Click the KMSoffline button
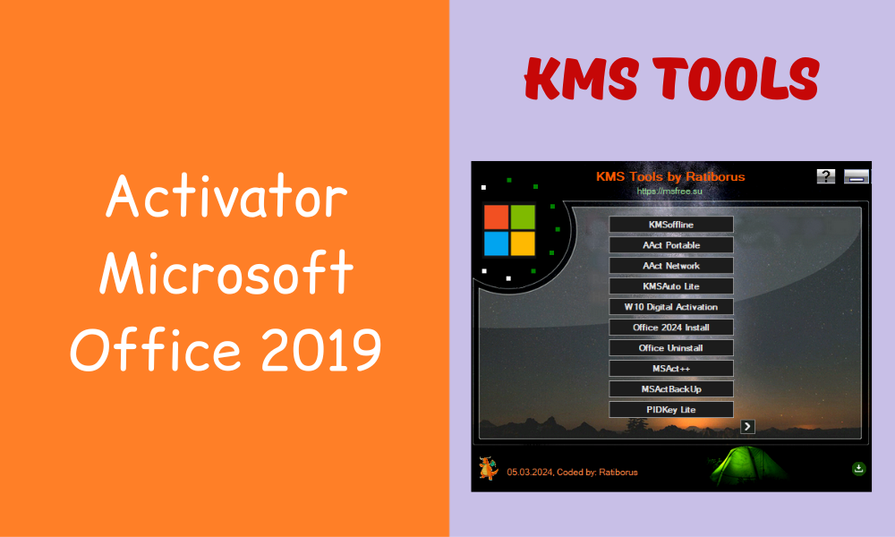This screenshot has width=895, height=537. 671,225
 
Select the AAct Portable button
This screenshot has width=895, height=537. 671,245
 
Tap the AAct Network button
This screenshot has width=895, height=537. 671,266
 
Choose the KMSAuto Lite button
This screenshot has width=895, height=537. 671,286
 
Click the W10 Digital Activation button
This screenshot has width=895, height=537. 671,307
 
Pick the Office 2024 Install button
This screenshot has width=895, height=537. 671,328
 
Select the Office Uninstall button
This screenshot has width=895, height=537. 671,348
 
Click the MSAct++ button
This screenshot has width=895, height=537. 671,369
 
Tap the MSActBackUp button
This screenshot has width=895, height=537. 671,389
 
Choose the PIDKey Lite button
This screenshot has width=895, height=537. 671,410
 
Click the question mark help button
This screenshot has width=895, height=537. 826,176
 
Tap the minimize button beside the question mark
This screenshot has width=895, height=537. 857,176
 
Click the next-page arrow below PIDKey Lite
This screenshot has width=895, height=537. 748,427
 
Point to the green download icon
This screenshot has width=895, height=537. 858,468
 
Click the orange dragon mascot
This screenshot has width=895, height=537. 488,468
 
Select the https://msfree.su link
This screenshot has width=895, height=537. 670,191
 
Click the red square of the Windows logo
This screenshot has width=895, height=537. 496,217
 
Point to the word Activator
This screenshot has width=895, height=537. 226,200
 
